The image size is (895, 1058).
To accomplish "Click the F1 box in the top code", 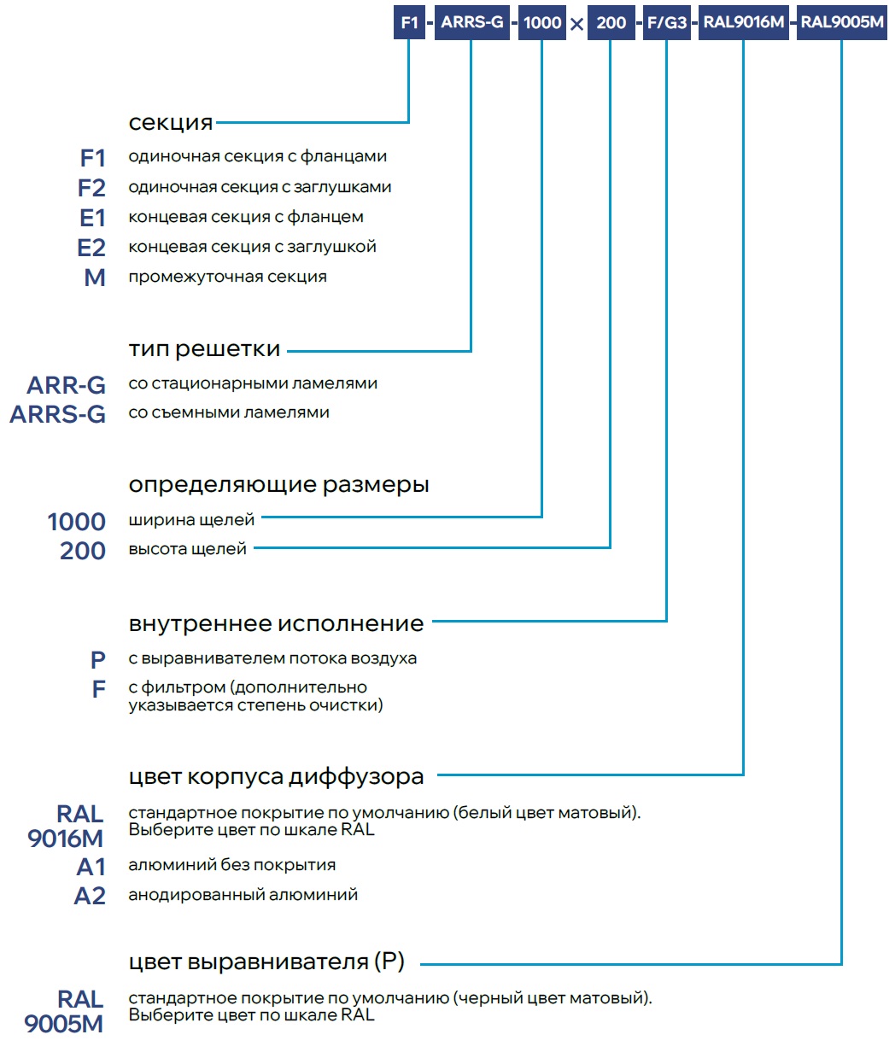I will tap(409, 23).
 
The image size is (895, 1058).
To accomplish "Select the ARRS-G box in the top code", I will tap(471, 23).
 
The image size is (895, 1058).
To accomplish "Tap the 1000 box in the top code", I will tap(542, 23).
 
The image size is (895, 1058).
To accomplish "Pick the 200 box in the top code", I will tap(611, 23).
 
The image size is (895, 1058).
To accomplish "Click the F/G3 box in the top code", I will tap(666, 23).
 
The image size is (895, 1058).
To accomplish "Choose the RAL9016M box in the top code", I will tap(743, 23).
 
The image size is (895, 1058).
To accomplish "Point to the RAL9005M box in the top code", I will tap(842, 23).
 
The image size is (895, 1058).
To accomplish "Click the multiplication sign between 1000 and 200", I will tap(576, 24).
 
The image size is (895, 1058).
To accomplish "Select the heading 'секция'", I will tap(170, 123).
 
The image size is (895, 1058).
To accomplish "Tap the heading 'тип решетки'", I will tap(204, 349).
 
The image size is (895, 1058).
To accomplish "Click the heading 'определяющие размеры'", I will tap(278, 485).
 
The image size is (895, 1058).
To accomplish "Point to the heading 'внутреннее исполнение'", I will tap(276, 624).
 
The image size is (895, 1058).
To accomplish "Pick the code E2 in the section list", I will tap(91, 248).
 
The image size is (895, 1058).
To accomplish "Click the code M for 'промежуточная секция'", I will tap(95, 278).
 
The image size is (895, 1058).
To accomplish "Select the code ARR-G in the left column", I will tap(67, 385).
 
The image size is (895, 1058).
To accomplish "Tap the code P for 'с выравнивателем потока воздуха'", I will tap(98, 659).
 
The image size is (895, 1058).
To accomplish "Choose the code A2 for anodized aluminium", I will tap(90, 896).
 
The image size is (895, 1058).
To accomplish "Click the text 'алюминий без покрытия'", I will tap(231, 865).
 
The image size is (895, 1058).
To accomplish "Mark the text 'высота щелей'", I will tap(187, 549).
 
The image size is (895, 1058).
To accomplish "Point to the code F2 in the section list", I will tap(91, 188).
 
